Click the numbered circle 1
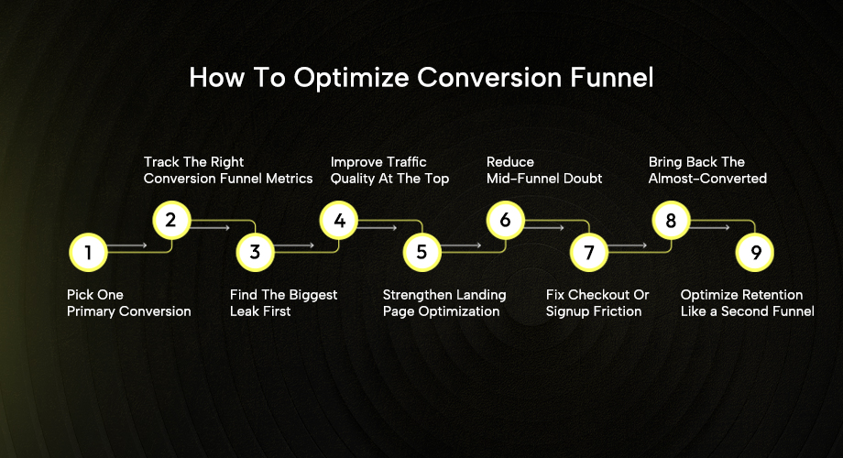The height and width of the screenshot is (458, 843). (x=88, y=252)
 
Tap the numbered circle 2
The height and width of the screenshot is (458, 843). (x=171, y=220)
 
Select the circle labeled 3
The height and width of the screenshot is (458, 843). (x=255, y=252)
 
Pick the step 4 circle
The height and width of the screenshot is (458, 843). (x=339, y=220)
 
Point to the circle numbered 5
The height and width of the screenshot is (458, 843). (x=421, y=252)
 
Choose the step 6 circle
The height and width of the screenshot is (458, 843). (x=505, y=220)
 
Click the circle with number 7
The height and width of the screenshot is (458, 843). (x=588, y=252)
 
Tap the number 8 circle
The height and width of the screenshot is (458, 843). (x=671, y=220)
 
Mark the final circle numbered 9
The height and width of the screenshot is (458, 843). (x=755, y=252)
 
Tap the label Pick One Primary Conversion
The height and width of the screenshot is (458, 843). (x=128, y=303)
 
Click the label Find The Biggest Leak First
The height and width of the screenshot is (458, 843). (x=283, y=303)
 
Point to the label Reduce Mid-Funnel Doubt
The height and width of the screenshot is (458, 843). (x=543, y=170)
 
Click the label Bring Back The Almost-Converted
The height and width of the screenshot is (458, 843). (x=707, y=170)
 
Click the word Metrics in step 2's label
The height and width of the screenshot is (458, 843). (x=288, y=179)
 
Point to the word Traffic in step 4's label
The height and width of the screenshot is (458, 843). (x=404, y=162)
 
